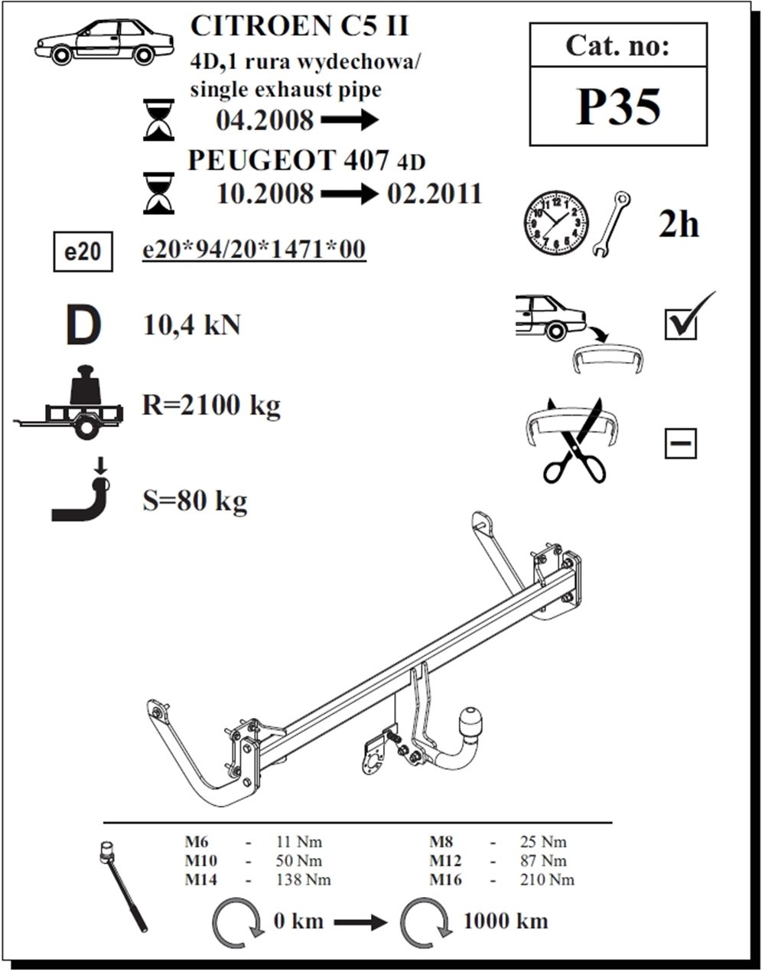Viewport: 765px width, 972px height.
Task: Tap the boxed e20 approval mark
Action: tap(83, 252)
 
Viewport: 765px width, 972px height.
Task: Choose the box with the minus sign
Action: tap(681, 443)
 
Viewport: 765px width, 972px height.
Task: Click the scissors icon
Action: tap(575, 442)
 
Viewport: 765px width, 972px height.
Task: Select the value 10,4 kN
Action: tap(191, 325)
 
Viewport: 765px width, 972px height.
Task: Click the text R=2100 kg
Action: tap(211, 404)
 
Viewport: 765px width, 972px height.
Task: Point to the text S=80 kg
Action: tap(195, 501)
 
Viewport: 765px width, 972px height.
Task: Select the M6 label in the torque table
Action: tap(197, 842)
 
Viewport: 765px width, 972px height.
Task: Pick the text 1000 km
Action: tap(506, 921)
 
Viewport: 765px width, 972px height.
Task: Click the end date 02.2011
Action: tap(435, 194)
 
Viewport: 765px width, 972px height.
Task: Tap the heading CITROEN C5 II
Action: tap(299, 26)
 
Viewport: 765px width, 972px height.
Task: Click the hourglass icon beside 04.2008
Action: tap(158, 120)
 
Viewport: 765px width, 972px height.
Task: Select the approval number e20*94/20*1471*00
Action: tap(254, 250)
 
